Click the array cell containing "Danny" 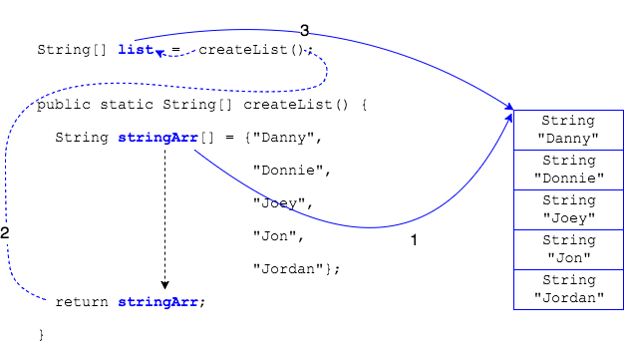point(568,129)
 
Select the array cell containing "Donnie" point(568,170)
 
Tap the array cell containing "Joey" point(568,209)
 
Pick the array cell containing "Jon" point(568,249)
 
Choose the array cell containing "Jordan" point(568,289)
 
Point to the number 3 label point(304,31)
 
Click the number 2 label point(5,233)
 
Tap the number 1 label point(415,240)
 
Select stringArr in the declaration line point(156,137)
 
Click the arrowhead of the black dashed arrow point(163,283)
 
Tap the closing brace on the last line point(41,334)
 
